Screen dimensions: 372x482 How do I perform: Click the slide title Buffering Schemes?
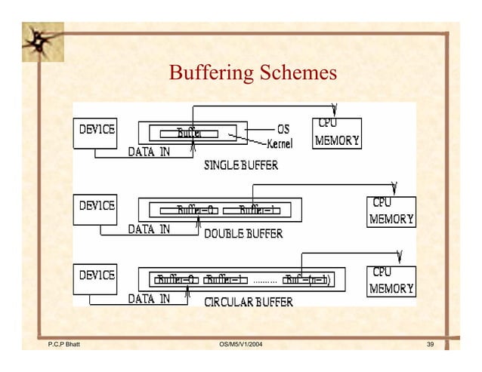252,74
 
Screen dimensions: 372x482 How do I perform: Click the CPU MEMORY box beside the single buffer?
337,134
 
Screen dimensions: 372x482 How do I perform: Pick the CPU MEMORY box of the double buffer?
391,212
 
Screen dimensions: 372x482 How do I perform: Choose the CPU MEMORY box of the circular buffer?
391,280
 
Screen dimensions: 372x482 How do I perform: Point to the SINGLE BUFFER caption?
241,165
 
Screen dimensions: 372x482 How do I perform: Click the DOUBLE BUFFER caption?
243,234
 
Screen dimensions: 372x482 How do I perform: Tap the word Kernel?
280,143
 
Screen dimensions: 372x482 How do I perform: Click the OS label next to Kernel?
284,129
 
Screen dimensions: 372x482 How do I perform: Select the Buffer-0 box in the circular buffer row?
176,280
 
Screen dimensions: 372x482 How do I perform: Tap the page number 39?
430,345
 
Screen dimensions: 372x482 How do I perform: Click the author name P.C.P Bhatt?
64,345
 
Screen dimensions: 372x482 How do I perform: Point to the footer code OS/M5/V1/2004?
241,345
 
